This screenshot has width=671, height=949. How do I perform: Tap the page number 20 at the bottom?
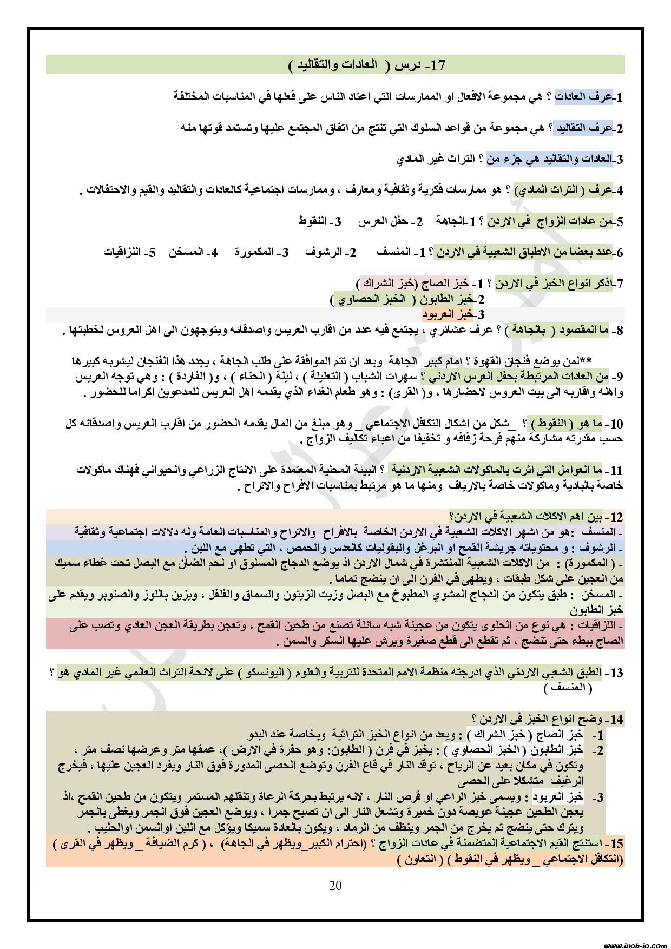pos(335,885)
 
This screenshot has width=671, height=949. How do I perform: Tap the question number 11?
pos(615,470)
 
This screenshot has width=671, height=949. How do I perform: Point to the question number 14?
pos(615,720)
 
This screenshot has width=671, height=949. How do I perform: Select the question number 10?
pos(615,424)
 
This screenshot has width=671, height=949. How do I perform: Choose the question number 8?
pos(617,330)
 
